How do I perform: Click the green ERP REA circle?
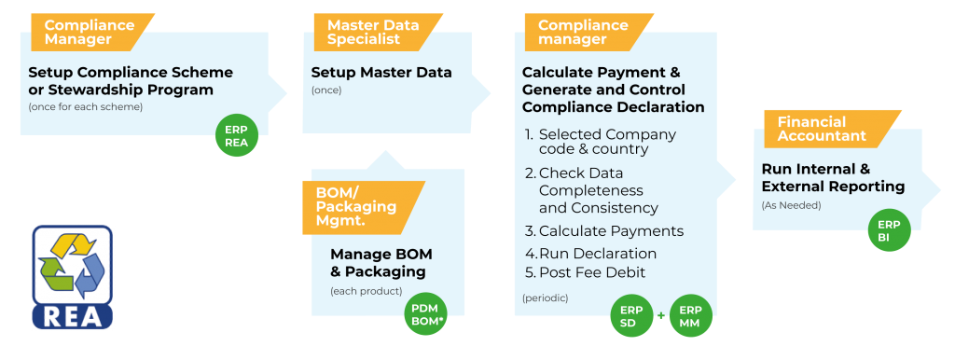click(x=237, y=135)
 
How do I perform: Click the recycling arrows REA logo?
click(x=73, y=277)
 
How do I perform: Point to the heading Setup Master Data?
click(x=381, y=73)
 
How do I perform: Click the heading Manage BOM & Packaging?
click(x=381, y=263)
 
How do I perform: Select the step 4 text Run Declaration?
click(x=598, y=254)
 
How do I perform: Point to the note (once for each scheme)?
click(x=85, y=108)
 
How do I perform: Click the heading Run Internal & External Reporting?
click(x=833, y=178)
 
